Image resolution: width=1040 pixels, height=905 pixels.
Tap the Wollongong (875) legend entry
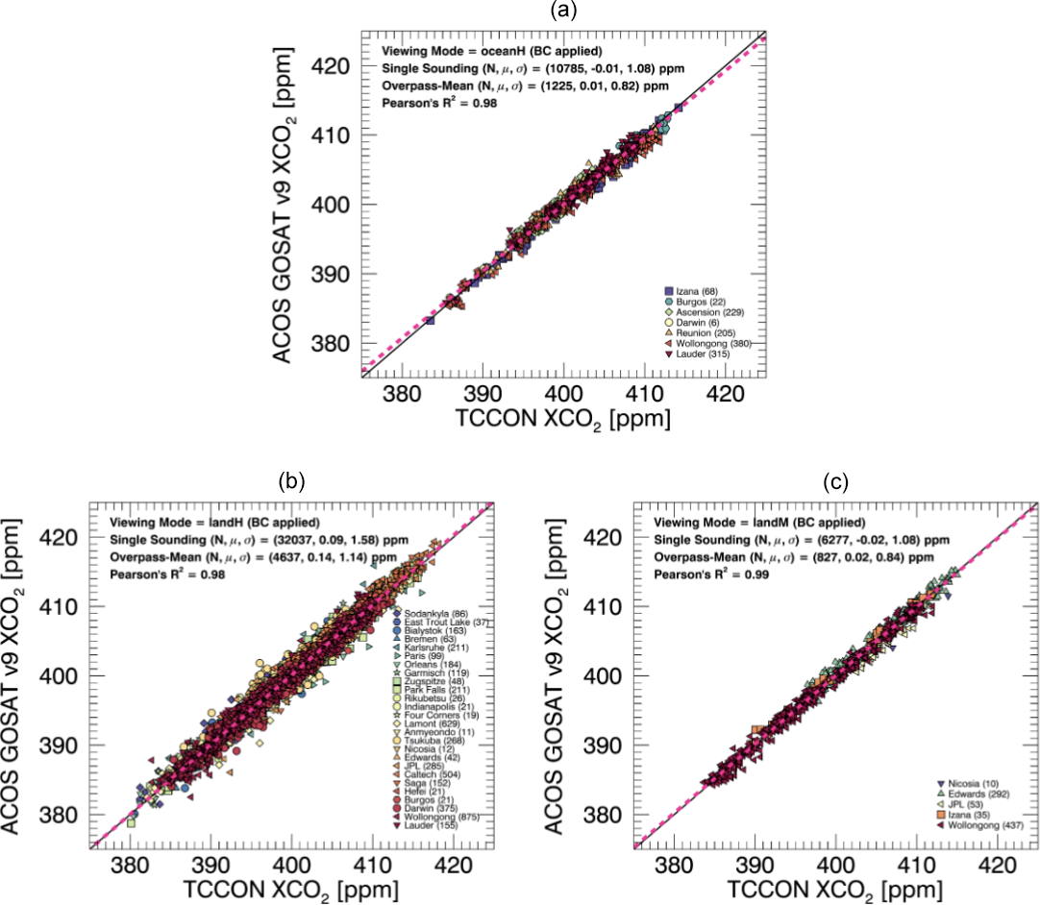tap(440, 817)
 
